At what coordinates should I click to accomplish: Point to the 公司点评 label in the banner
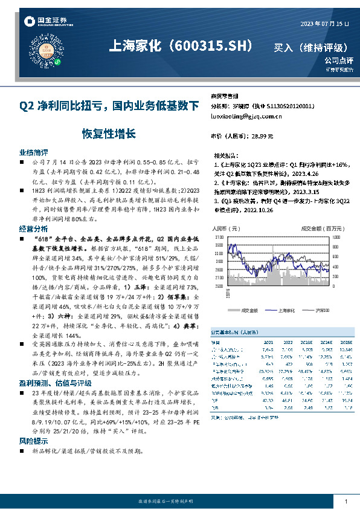pyautogui.click(x=338, y=60)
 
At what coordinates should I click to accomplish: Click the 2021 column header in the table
pyautogui.click(x=269, y=342)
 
